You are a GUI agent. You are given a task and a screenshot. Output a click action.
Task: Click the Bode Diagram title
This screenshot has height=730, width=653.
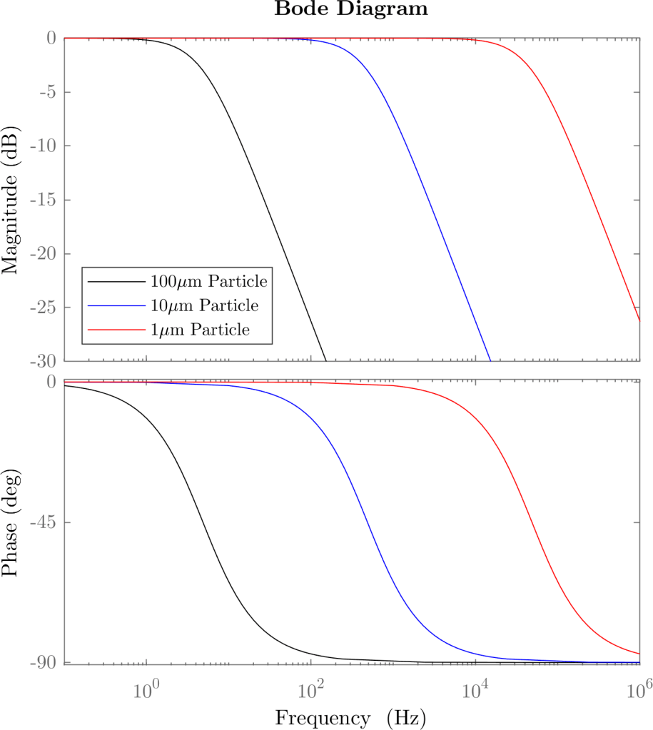(x=350, y=9)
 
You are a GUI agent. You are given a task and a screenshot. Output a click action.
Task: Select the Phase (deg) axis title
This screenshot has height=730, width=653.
(x=11, y=522)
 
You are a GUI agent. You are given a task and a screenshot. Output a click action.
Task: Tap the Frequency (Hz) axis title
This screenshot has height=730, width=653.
(x=350, y=716)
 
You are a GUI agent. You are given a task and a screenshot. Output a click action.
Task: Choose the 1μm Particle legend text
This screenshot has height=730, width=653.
(x=201, y=330)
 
